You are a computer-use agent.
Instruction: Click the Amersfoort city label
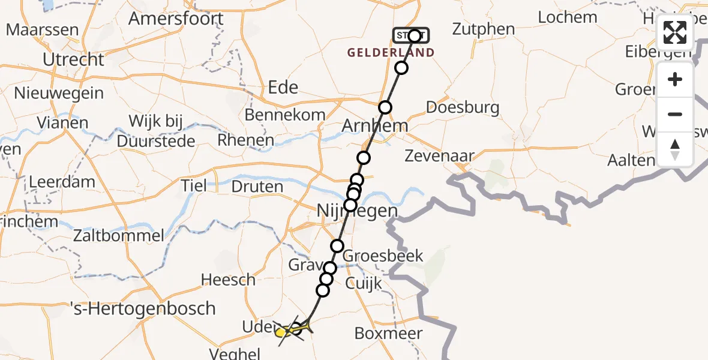tap(176, 19)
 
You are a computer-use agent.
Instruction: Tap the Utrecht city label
tap(74, 59)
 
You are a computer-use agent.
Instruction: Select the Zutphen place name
tap(484, 29)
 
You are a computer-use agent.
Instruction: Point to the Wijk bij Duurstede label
tap(156, 131)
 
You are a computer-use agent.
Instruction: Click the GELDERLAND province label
tap(391, 53)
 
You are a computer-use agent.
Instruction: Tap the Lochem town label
tap(568, 17)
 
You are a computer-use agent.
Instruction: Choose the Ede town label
tap(283, 87)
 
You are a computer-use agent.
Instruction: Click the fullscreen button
tap(675, 32)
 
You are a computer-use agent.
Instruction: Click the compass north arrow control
tap(675, 149)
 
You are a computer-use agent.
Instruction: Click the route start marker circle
tap(415, 35)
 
